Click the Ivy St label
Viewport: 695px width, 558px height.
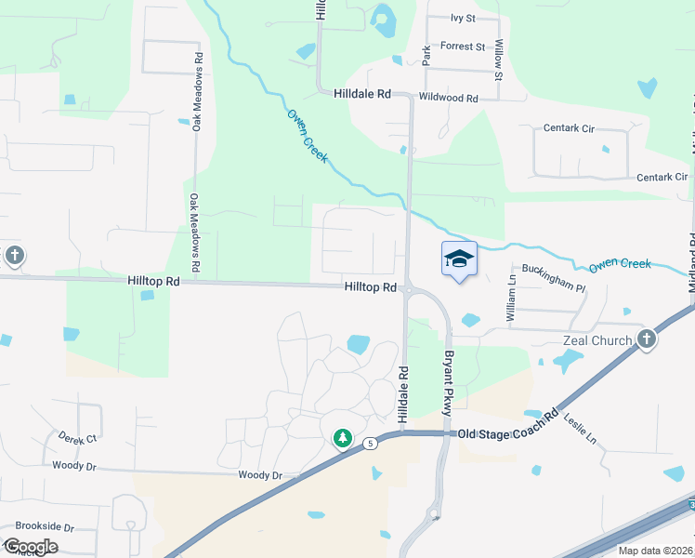click(x=463, y=18)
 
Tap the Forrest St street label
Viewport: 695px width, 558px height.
click(x=463, y=46)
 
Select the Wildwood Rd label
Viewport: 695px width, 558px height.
click(x=448, y=98)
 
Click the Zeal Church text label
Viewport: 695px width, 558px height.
click(x=597, y=340)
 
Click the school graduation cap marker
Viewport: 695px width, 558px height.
click(x=459, y=259)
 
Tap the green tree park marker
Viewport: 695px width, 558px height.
click(x=343, y=437)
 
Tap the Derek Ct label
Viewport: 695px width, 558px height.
click(x=77, y=437)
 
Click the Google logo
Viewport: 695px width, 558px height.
click(x=31, y=547)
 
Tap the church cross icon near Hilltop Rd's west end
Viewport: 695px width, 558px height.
click(x=13, y=255)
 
